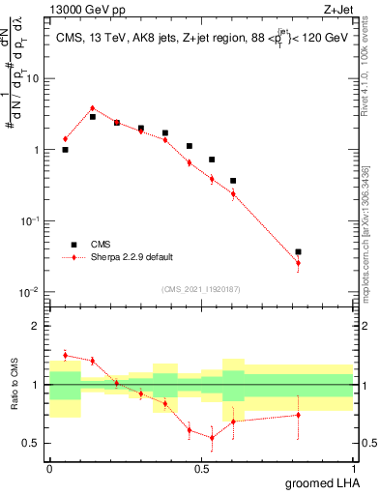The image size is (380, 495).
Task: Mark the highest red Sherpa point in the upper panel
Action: pyautogui.click(x=92, y=108)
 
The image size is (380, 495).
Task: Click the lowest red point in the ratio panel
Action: pyautogui.click(x=212, y=437)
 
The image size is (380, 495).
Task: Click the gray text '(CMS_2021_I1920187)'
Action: pyautogui.click(x=201, y=288)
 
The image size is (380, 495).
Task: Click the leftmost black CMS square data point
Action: pyautogui.click(x=65, y=150)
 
